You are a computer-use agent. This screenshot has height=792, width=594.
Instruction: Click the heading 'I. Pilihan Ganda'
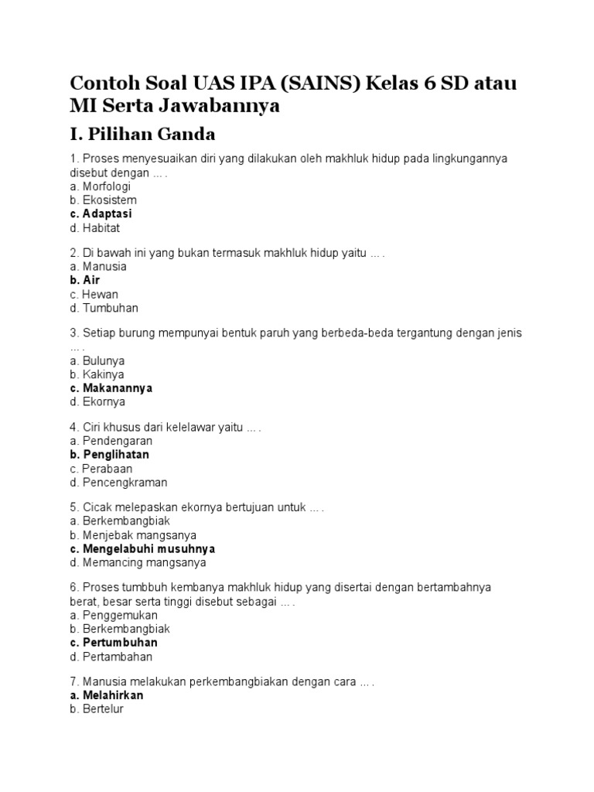[x=142, y=135]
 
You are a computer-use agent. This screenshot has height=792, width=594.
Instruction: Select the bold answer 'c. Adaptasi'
[x=101, y=214]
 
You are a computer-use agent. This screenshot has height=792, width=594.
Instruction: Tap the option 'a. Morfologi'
[x=100, y=186]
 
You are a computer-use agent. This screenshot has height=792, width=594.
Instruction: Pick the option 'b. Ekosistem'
[x=103, y=200]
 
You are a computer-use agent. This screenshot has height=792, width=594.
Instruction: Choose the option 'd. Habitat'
[x=94, y=228]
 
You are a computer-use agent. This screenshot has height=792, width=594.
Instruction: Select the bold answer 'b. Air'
[x=84, y=280]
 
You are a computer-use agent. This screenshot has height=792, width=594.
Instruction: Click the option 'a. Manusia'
[x=97, y=266]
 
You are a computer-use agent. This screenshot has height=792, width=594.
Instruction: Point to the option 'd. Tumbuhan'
[x=104, y=308]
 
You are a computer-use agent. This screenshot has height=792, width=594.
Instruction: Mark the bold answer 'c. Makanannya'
[x=111, y=388]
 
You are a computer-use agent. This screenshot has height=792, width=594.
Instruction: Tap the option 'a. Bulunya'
[x=97, y=360]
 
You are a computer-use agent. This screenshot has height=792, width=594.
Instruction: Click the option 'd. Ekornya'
[x=97, y=402]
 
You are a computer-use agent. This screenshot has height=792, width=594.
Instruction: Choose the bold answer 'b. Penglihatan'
[x=109, y=455]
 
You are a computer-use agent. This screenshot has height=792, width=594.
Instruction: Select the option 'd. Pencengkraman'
[x=118, y=483]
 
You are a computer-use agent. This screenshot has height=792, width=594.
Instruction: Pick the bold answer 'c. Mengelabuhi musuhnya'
[x=142, y=549]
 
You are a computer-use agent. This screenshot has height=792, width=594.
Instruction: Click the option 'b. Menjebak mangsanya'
[x=132, y=535]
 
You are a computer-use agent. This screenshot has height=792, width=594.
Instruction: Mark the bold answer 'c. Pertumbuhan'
[x=113, y=643]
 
